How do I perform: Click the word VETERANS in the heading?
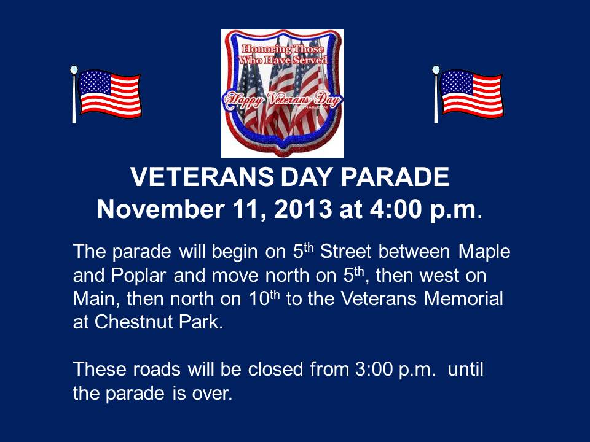(202, 177)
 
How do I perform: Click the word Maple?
(484, 252)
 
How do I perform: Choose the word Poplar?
(138, 276)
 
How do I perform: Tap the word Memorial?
(463, 299)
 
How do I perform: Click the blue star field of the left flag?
(94, 83)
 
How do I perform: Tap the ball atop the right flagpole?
(436, 69)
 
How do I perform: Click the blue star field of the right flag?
(456, 83)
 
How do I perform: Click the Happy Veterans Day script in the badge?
(283, 99)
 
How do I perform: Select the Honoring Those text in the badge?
(283, 49)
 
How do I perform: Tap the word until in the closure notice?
(465, 369)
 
